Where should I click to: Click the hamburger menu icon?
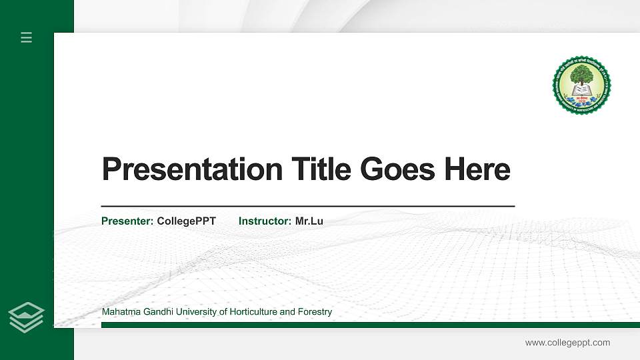click(27, 37)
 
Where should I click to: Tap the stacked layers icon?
click(27, 317)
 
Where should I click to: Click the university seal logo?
click(581, 85)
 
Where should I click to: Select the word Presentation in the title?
click(192, 169)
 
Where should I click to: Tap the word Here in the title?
click(477, 169)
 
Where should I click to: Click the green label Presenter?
click(127, 221)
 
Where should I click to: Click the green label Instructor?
click(265, 221)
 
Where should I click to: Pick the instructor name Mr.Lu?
click(309, 221)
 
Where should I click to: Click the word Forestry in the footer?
click(315, 312)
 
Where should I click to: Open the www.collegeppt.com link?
click(567, 343)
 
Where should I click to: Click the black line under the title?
click(307, 206)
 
